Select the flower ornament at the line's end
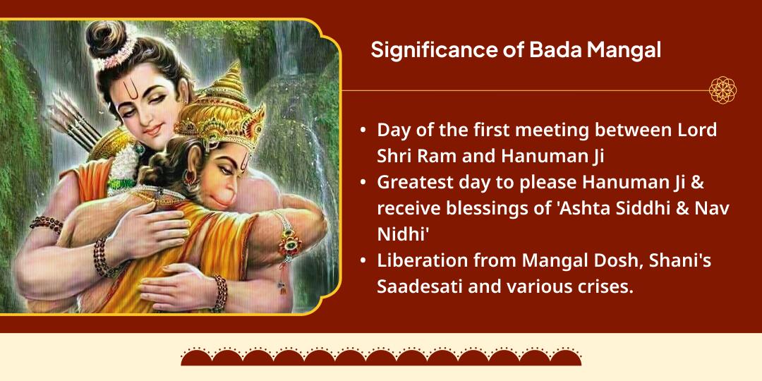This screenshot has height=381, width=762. coord(723,90)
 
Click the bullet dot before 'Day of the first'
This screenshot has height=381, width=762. coord(363,131)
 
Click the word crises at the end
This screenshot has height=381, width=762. coord(598,286)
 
